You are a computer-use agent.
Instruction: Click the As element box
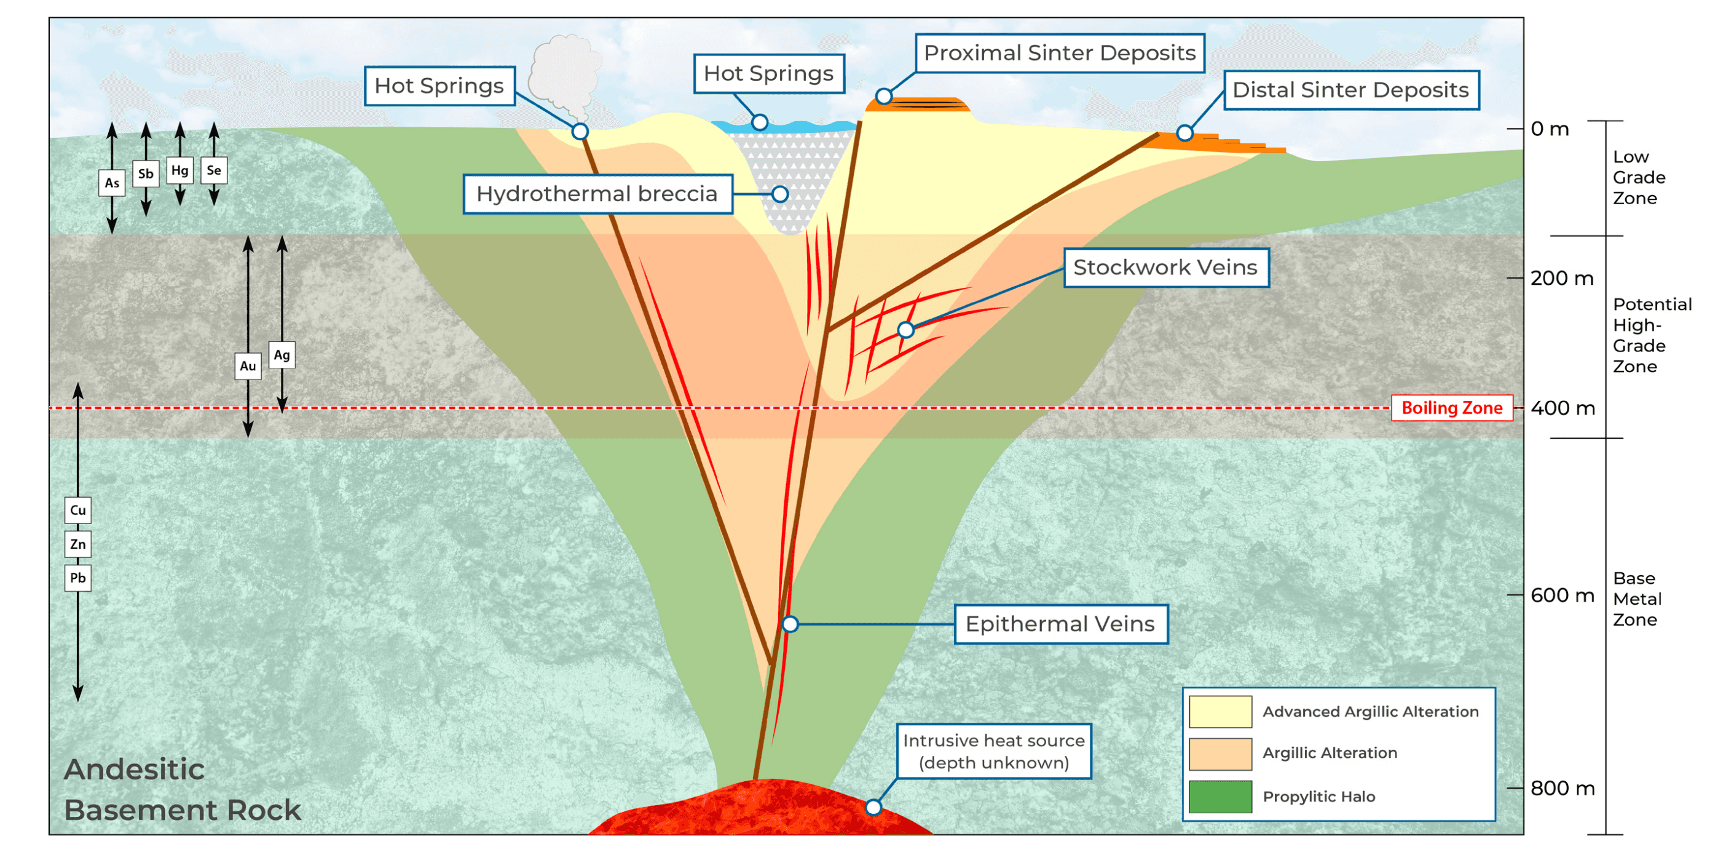coord(112,183)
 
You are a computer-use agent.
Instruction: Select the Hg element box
coord(179,170)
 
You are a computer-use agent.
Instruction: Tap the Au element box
coord(248,366)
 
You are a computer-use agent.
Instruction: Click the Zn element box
coord(77,544)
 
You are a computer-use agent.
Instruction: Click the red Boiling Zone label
coord(1452,408)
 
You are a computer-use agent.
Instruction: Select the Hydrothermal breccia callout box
coord(597,194)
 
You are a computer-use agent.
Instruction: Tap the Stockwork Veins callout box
coord(1166,268)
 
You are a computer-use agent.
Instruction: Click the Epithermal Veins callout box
coord(1061,625)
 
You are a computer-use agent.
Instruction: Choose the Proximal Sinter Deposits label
coord(1060,53)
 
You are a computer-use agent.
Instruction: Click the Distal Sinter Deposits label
coord(1352,90)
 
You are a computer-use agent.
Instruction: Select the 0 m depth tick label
coord(1550,129)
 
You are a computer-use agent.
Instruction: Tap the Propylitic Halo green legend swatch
coord(1220,797)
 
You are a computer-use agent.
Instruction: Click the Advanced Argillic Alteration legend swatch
coord(1220,712)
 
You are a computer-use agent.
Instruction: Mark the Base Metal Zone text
coord(1637,599)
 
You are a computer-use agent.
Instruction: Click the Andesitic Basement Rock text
coord(182,790)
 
